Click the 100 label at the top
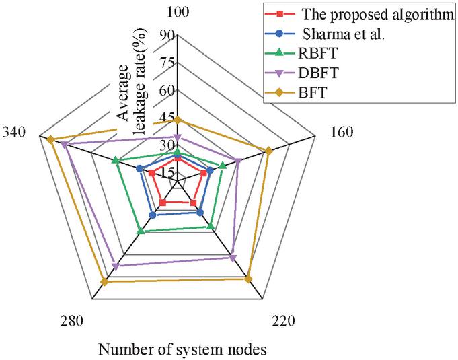(178, 13)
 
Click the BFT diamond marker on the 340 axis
(50, 139)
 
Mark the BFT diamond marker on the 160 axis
(269, 151)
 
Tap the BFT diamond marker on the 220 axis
(248, 279)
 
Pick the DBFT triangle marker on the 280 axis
(116, 266)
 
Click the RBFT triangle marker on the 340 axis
(116, 160)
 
